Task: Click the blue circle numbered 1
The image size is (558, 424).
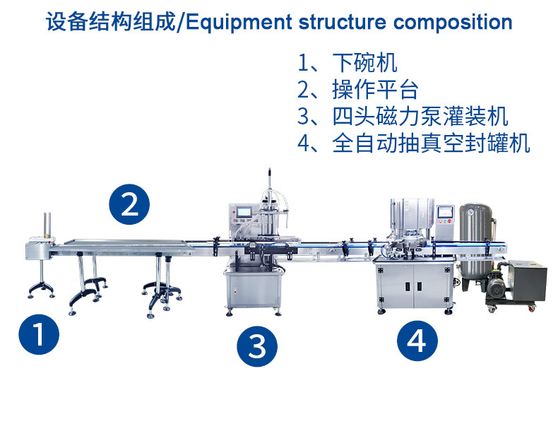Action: [40, 334]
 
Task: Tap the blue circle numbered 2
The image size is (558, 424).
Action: [129, 204]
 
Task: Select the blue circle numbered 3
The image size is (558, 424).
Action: [257, 346]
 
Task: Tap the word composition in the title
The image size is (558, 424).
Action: [452, 22]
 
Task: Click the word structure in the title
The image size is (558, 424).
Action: [348, 22]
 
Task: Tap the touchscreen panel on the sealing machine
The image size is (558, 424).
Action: [446, 212]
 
